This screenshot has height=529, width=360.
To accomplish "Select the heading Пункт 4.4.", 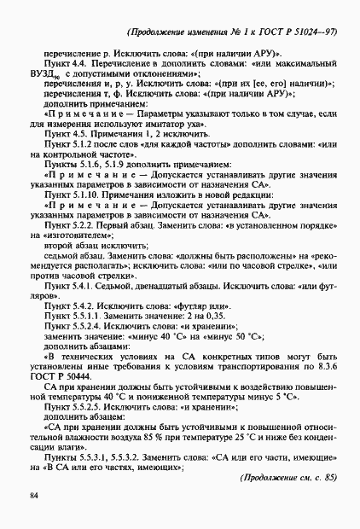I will click(x=67, y=66).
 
